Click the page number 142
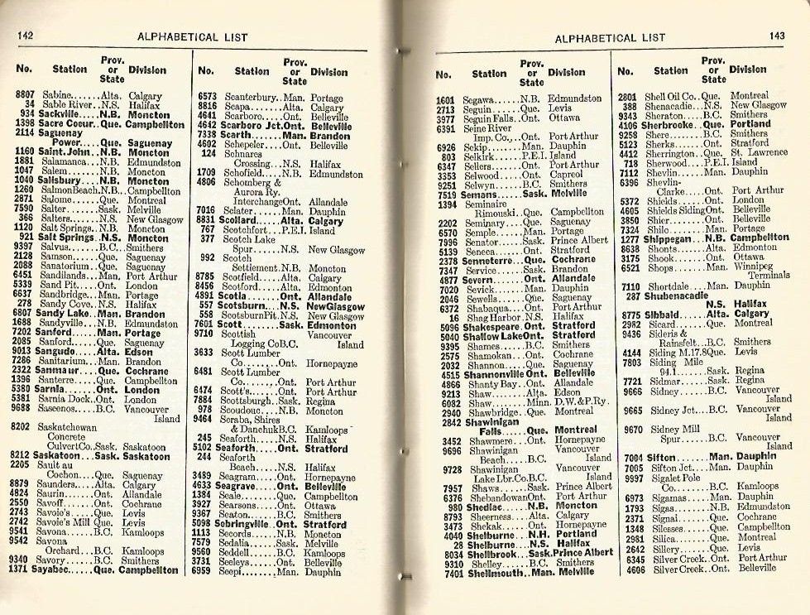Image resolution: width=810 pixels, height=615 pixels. (25, 35)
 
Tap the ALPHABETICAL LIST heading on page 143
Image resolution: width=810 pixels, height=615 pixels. (609, 38)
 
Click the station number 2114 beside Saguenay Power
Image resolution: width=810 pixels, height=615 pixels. (25, 132)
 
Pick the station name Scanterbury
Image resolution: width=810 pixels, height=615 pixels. (248, 97)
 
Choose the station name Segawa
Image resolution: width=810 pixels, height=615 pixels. (479, 99)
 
